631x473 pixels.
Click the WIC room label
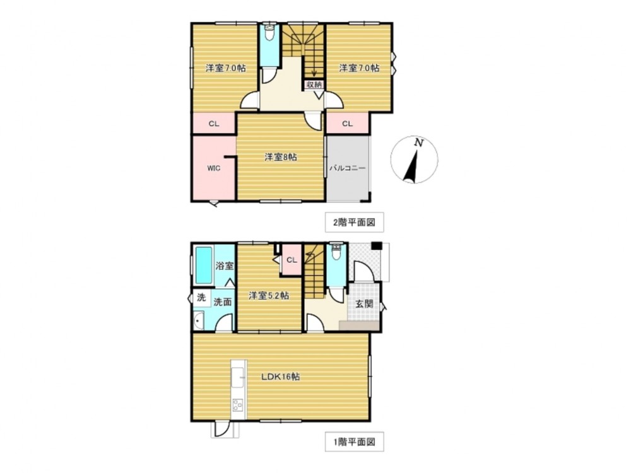(214, 168)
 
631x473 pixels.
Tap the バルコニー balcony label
(348, 168)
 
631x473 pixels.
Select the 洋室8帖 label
(281, 157)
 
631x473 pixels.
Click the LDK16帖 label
(281, 377)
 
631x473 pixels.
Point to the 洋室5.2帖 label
(268, 296)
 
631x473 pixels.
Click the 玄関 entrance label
(364, 304)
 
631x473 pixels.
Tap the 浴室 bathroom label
(225, 266)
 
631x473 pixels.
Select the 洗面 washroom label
(222, 301)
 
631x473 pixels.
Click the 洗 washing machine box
(201, 298)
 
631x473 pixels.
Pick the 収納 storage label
(314, 85)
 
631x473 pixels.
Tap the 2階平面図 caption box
(354, 222)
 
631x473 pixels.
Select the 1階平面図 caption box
(354, 441)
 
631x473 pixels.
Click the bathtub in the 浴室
(204, 266)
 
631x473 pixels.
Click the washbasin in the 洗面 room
(198, 320)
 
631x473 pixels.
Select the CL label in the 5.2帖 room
(292, 260)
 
